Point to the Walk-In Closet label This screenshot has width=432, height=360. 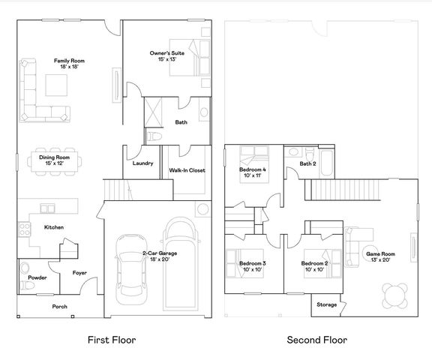pos(187,170)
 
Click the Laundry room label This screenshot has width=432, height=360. pos(142,163)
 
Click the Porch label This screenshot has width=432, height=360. pos(60,307)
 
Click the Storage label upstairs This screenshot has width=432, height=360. pos(326,304)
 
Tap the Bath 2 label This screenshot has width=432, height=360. pos(308,163)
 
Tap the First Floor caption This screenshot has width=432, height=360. pos(112,340)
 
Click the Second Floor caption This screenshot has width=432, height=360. pos(317,340)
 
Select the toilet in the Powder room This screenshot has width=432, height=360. pos(24,268)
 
